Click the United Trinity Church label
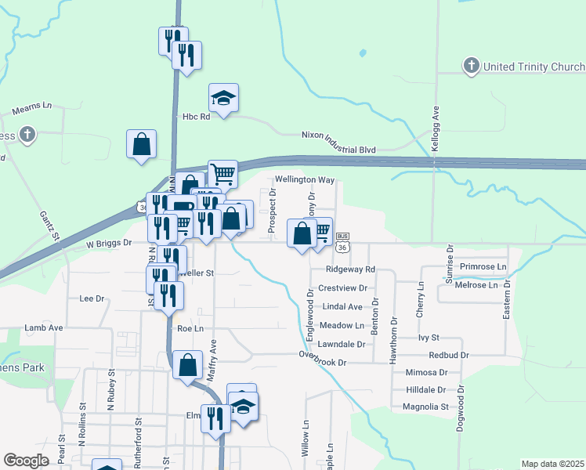point(534,67)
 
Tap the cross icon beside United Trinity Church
point(472,66)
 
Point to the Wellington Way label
point(304,179)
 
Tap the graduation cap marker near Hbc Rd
point(223,99)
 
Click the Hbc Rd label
point(197,117)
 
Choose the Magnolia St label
point(425,407)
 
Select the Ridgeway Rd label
point(350,269)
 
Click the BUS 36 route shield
point(342,241)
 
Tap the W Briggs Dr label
point(108,243)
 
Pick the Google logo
point(26,461)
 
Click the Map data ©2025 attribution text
point(552,464)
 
